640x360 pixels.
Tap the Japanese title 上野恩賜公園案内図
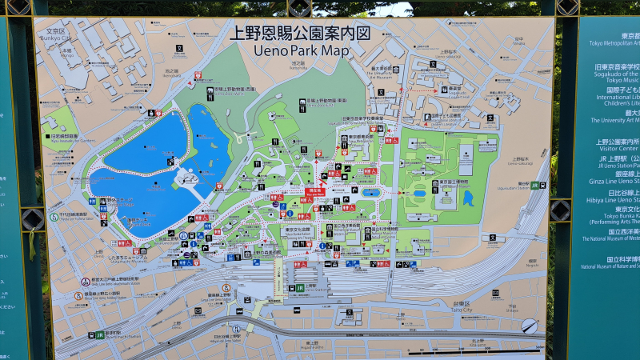(x=301, y=34)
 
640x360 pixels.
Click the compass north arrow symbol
(x=529, y=325)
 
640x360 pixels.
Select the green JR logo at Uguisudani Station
(x=534, y=186)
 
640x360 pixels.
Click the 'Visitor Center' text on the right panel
(x=617, y=148)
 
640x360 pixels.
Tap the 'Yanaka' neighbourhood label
(x=518, y=42)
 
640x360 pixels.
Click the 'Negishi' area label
(x=532, y=265)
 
